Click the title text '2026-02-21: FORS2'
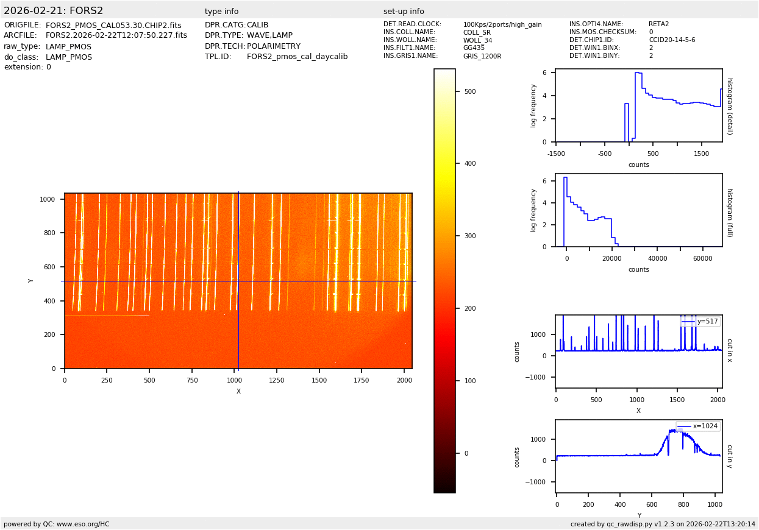click(x=54, y=11)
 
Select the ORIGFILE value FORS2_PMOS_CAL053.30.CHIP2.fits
click(x=113, y=26)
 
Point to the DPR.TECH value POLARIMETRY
click(x=273, y=46)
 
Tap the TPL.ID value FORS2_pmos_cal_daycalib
click(x=297, y=57)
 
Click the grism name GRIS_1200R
click(x=482, y=56)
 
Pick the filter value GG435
click(x=474, y=48)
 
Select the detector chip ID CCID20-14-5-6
click(x=672, y=40)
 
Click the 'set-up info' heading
click(x=404, y=12)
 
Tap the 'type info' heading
click(x=221, y=12)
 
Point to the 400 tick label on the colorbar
click(x=468, y=164)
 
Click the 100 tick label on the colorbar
click(x=468, y=381)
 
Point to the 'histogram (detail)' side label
click(x=730, y=105)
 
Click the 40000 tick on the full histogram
click(x=657, y=258)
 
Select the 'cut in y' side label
click(x=730, y=456)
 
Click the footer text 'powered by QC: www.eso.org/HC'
click(x=57, y=524)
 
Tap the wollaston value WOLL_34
click(x=477, y=41)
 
